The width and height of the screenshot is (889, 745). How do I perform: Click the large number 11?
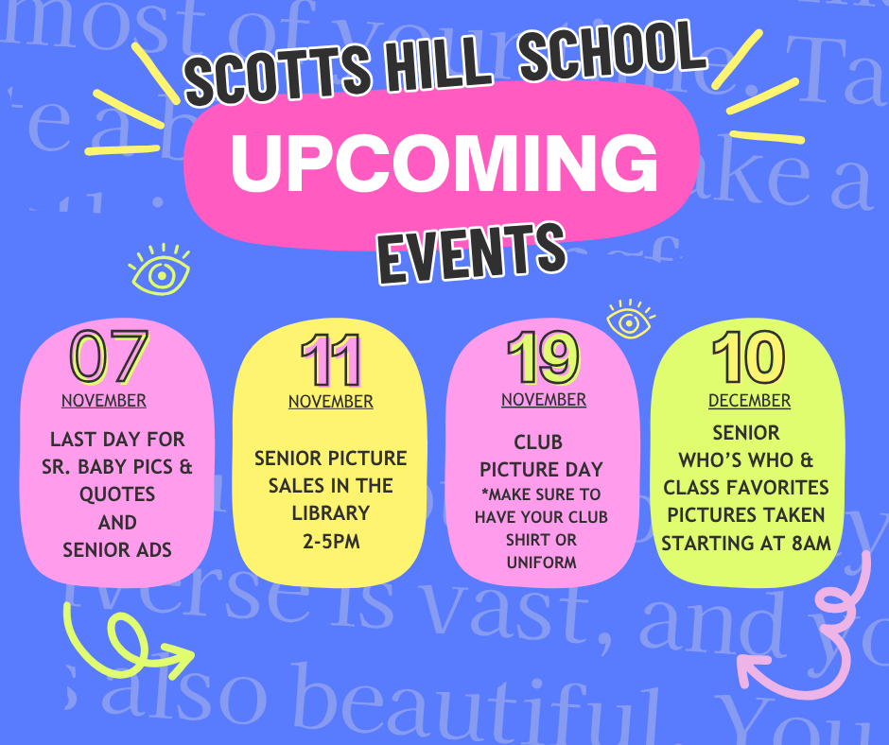tap(331, 360)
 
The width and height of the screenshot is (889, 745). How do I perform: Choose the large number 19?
tap(543, 357)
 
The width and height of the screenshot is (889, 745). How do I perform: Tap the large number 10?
tap(748, 357)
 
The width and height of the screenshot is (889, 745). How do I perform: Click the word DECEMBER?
tap(749, 401)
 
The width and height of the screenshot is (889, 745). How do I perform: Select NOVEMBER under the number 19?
tap(543, 400)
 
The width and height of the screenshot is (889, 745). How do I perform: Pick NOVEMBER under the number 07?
tap(104, 400)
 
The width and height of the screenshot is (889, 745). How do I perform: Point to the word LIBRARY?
tap(331, 512)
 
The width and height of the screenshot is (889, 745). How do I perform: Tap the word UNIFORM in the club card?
tap(541, 563)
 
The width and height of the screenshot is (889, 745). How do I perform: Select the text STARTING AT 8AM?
tap(746, 544)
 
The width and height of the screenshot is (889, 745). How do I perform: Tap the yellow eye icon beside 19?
tap(629, 321)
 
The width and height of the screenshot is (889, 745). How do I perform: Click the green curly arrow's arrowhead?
tap(185, 655)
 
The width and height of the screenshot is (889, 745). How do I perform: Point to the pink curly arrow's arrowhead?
tap(746, 667)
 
